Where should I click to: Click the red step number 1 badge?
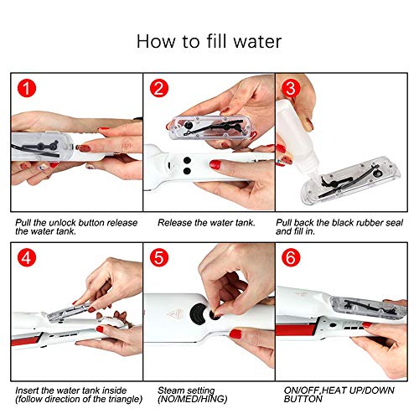(28, 86)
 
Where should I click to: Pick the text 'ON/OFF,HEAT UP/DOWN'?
(331, 391)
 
